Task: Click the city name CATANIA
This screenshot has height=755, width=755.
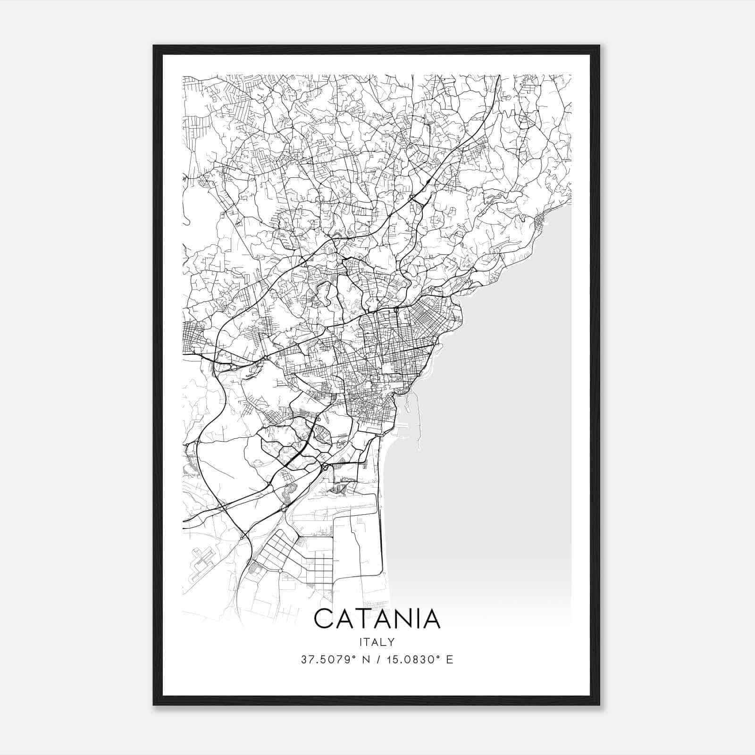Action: coord(377,619)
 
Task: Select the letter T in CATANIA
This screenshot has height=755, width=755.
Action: coord(367,619)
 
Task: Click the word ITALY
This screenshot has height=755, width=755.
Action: coord(377,642)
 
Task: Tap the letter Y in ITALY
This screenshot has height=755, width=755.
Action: coord(392,642)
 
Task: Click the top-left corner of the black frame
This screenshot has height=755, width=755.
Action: coord(154,46)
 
